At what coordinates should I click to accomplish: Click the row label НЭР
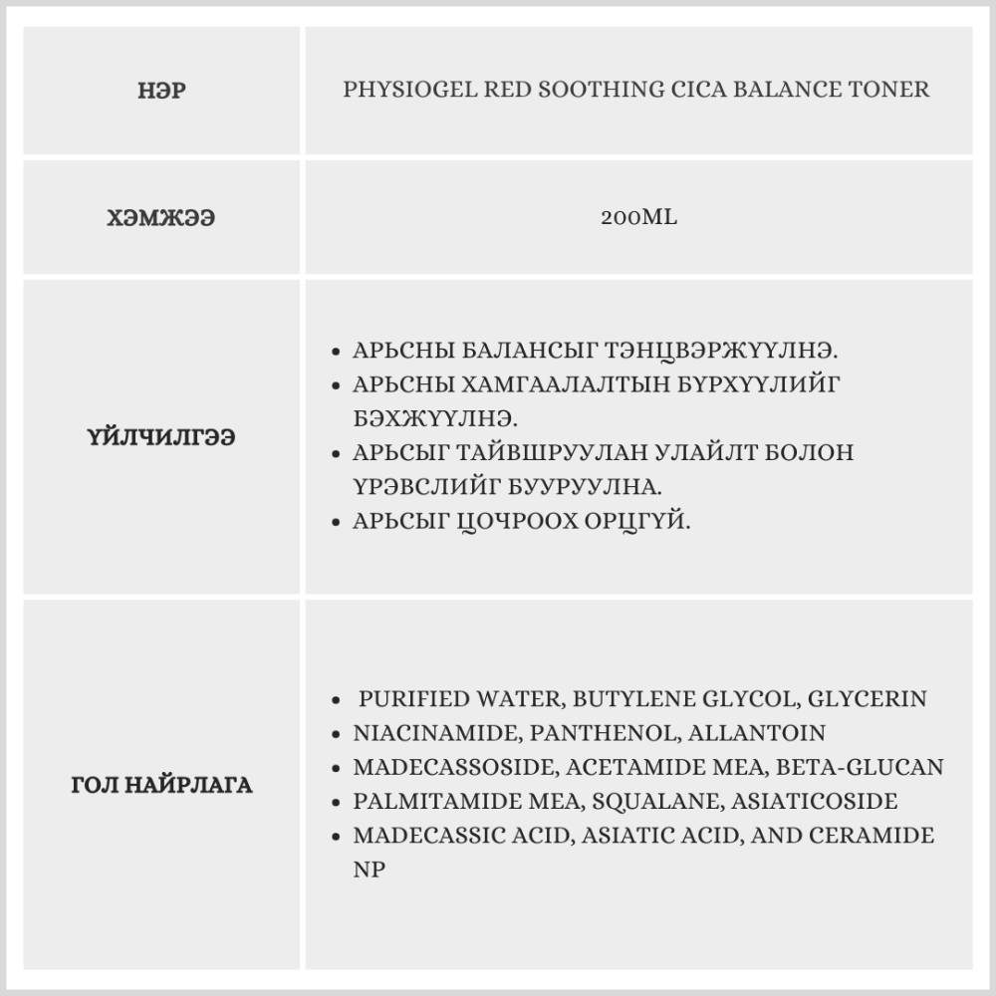click(161, 91)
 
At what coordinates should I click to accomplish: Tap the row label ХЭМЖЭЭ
click(161, 218)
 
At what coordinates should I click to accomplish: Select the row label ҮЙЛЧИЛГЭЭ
click(161, 437)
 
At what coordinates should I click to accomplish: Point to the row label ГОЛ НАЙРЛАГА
click(161, 785)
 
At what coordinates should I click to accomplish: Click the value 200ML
click(638, 217)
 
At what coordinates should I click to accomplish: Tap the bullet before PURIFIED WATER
click(338, 700)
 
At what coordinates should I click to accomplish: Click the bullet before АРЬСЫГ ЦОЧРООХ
click(338, 522)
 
